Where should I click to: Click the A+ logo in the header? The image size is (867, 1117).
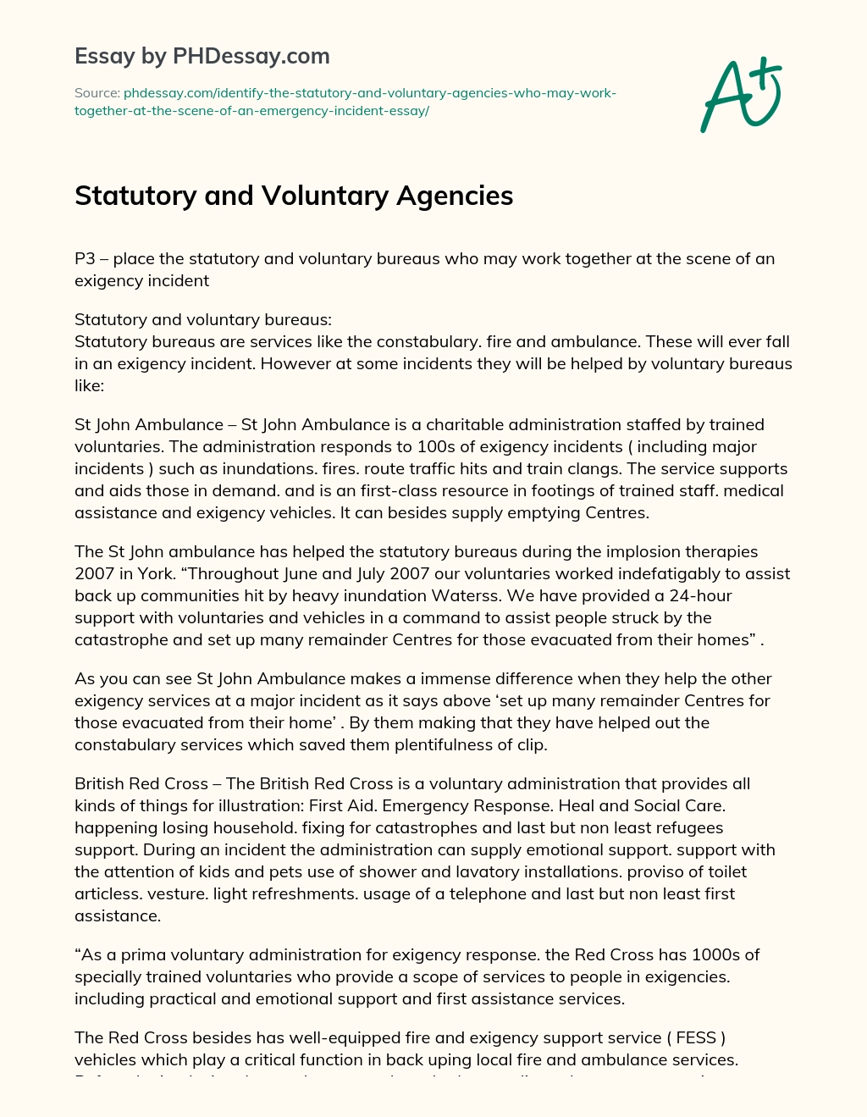click(x=741, y=94)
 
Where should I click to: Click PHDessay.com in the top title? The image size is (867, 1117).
click(x=251, y=56)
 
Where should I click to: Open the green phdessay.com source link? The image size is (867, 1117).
click(x=345, y=102)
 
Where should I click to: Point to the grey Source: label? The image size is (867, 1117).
click(x=97, y=92)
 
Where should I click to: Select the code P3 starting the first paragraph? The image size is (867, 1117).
click(x=85, y=258)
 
